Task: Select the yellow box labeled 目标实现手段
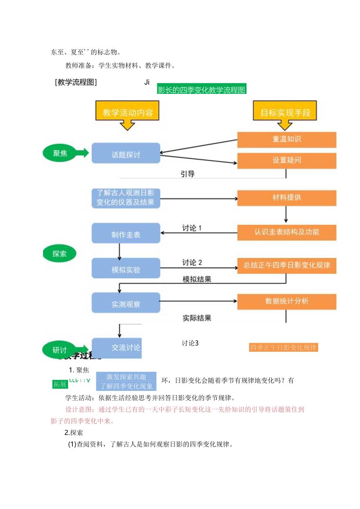286,113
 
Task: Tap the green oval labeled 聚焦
60,153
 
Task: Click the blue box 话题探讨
126,153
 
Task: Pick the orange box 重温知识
287,139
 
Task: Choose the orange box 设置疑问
287,160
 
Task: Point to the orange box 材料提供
287,198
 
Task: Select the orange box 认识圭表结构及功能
287,232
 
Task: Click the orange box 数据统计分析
287,301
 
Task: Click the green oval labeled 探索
60,254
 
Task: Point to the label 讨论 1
192,228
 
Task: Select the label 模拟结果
197,279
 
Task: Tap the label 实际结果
197,318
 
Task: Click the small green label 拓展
60,384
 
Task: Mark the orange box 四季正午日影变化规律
283,347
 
